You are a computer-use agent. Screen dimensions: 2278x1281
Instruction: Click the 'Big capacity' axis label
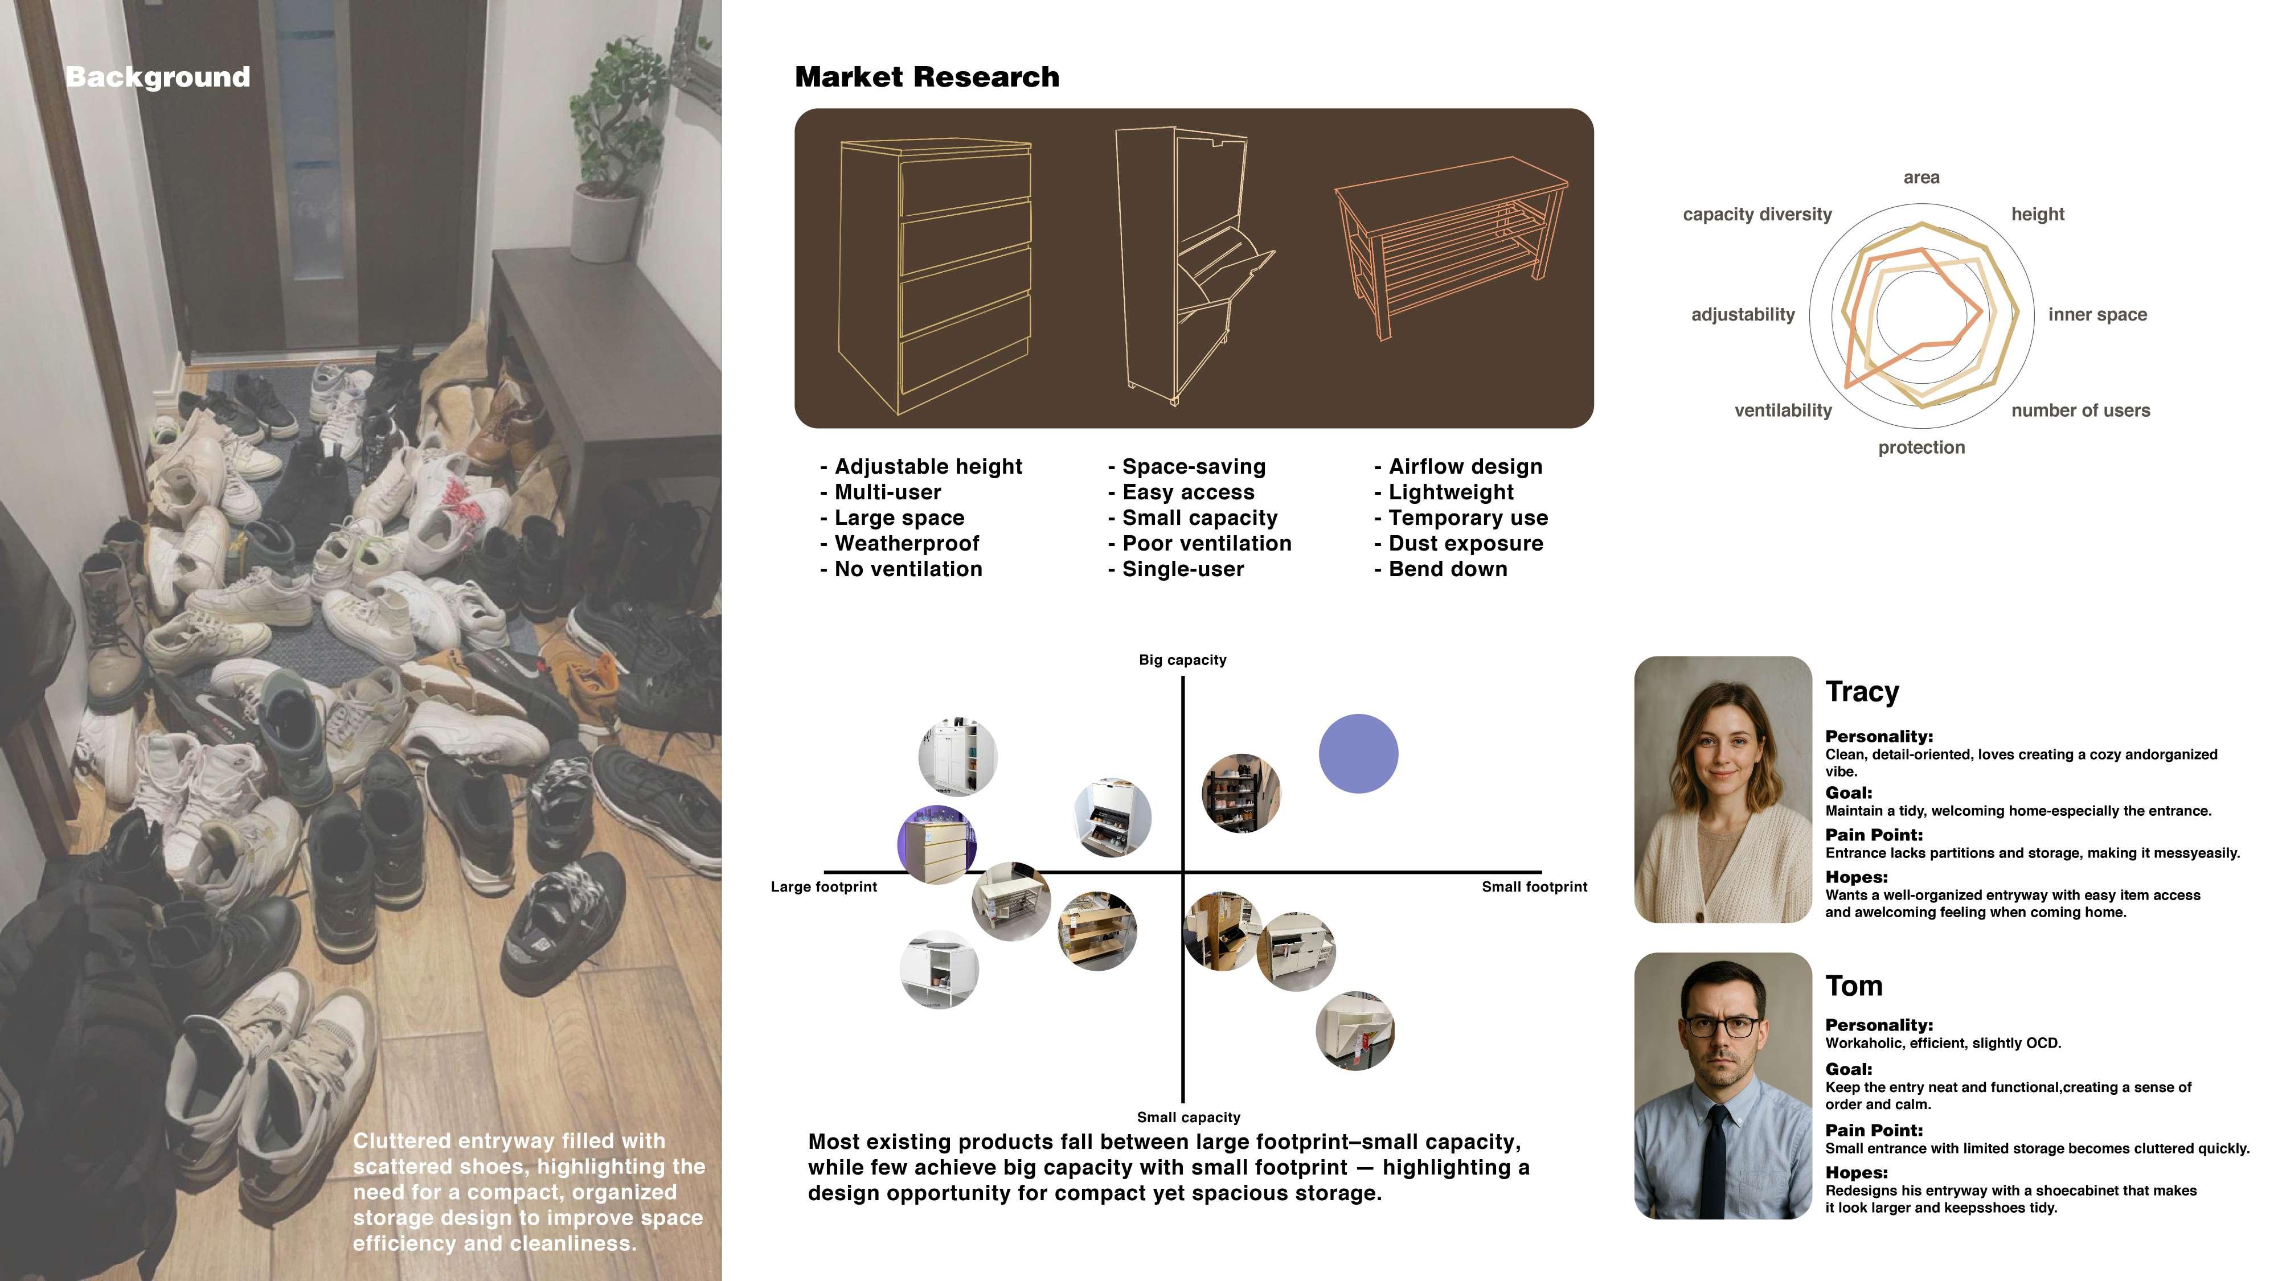point(1182,659)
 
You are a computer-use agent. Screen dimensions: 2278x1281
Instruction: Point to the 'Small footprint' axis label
point(1534,886)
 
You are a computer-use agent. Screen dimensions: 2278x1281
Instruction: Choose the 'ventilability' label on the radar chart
point(1783,410)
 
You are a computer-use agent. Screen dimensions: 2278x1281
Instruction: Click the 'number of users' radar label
point(2080,410)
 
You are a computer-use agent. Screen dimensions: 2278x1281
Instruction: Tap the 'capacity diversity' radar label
point(1757,214)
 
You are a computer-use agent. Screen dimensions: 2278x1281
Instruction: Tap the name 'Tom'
point(1854,986)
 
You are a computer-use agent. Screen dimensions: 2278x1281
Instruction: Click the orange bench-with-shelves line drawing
point(1451,248)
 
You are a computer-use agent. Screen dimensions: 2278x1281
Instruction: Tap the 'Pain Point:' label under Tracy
point(1874,835)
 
